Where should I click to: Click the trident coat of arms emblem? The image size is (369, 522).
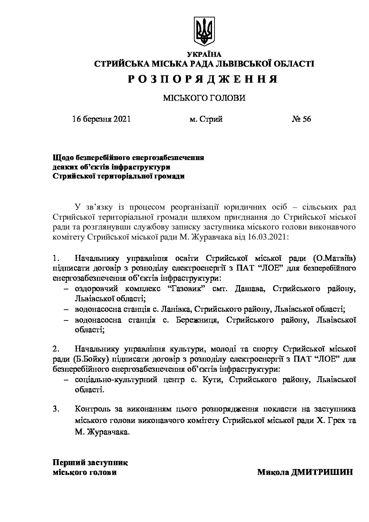click(204, 31)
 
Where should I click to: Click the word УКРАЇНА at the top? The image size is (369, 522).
click(204, 54)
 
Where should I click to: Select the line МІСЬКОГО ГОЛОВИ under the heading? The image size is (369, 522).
click(204, 98)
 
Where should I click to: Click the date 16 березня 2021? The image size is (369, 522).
click(101, 119)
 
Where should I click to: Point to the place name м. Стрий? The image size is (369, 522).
click(206, 119)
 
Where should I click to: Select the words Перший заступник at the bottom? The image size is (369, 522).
click(90, 463)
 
